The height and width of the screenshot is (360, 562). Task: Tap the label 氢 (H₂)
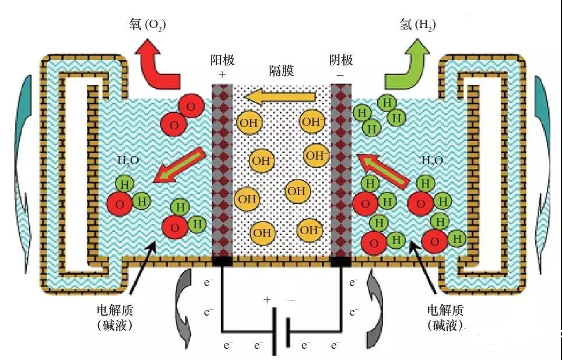(x=417, y=24)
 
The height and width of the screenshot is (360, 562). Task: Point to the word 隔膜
(x=281, y=71)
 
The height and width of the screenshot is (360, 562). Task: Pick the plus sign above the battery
(x=268, y=299)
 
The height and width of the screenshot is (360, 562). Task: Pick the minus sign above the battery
(x=291, y=299)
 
